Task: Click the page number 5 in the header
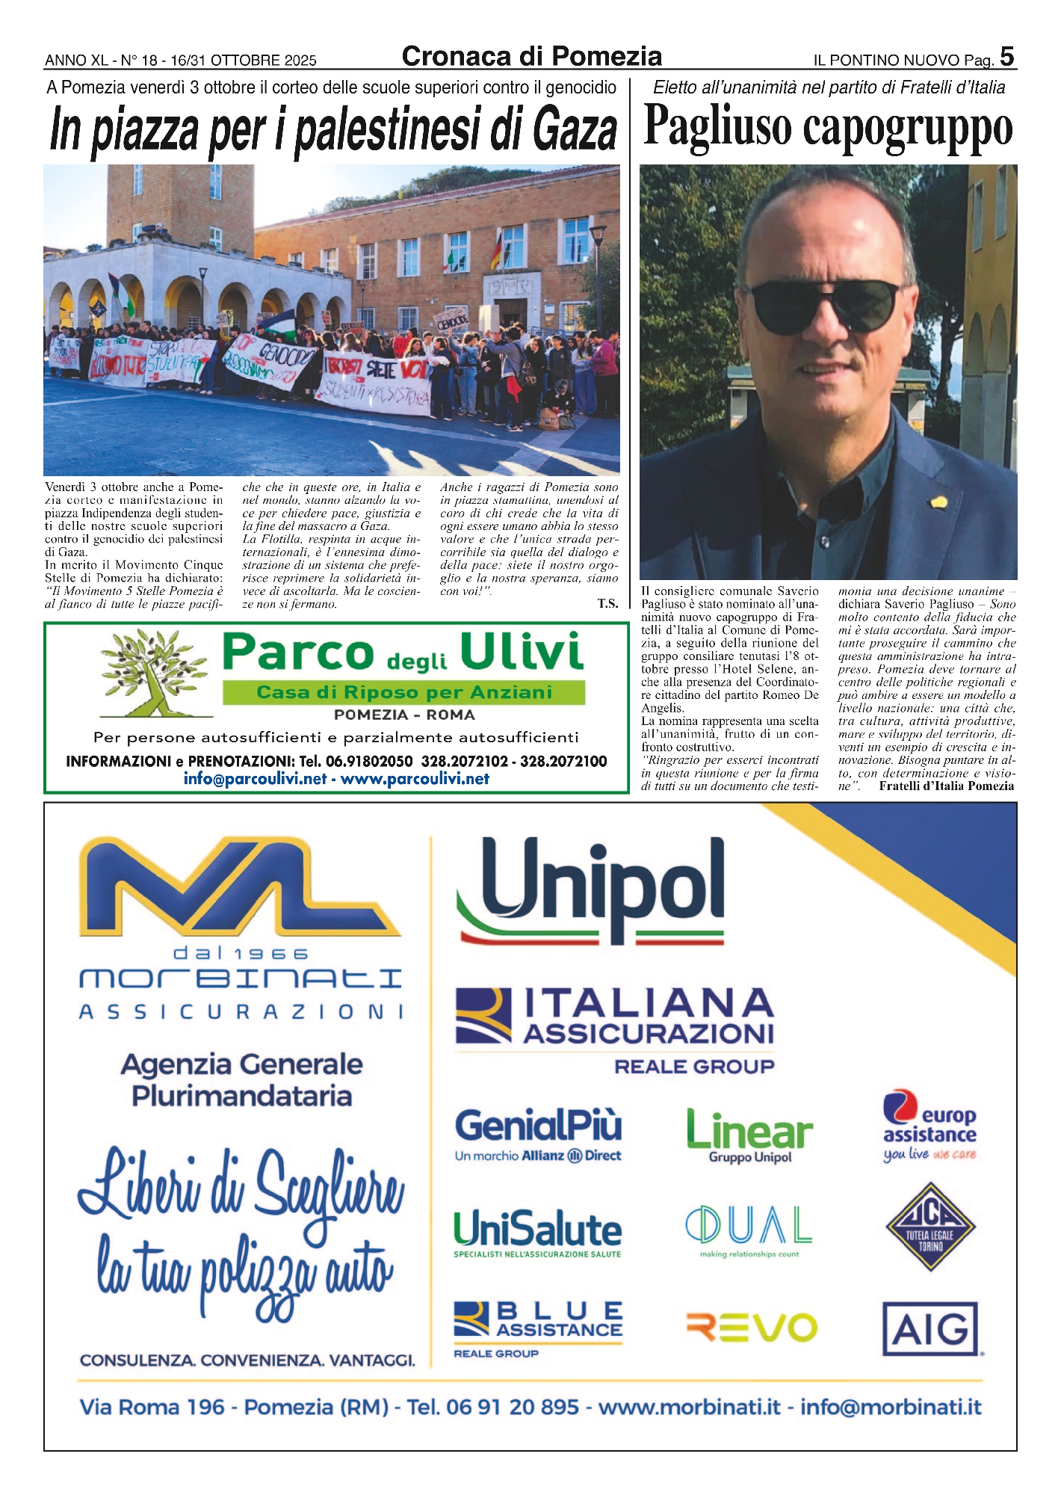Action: [x=1006, y=56]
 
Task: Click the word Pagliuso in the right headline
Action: [x=718, y=126]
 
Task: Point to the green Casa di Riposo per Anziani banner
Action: [x=403, y=692]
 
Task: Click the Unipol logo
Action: [x=591, y=890]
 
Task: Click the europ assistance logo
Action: [x=929, y=1126]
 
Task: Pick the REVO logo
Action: [x=751, y=1328]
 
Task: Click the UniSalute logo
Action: [x=537, y=1233]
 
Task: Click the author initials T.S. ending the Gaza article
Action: [x=607, y=603]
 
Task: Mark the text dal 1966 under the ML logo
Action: [x=241, y=954]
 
